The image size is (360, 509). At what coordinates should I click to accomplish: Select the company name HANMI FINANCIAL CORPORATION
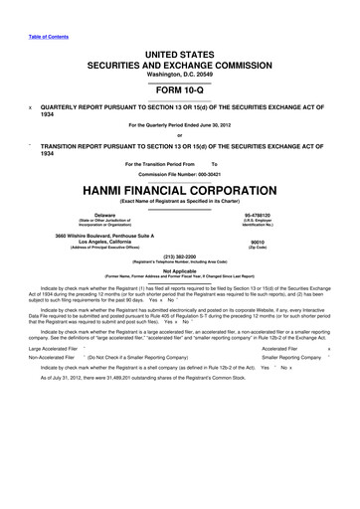(180, 188)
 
